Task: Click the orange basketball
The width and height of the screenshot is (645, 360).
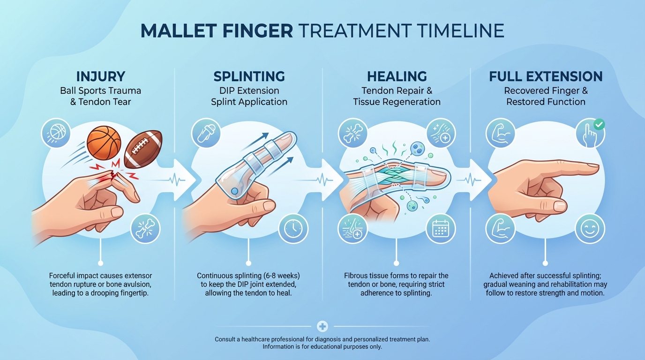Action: coord(104,142)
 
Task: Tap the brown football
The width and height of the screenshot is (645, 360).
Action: coord(143,149)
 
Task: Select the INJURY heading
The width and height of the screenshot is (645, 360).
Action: coord(100,76)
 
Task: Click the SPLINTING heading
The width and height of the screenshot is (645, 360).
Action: coord(249,76)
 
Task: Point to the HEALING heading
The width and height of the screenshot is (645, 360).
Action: coord(397,76)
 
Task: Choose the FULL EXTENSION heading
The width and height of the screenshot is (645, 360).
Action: coord(546,76)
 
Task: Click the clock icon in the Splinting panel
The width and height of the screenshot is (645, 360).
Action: coord(293,229)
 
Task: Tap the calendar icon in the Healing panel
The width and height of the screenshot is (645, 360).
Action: coord(441,229)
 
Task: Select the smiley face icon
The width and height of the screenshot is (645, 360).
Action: coord(589,229)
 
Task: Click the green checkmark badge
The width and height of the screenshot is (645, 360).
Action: coord(599,125)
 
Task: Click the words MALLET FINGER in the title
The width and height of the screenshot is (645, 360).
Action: coord(217,30)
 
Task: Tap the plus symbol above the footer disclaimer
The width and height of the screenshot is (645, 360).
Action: coord(322,326)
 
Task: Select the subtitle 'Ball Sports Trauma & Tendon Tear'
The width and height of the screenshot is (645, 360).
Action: coord(100,96)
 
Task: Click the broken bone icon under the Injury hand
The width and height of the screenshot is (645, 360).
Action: coord(145,229)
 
